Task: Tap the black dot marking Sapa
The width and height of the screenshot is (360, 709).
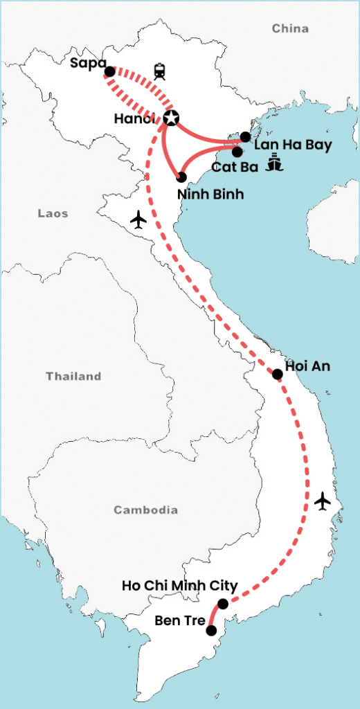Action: [109, 71]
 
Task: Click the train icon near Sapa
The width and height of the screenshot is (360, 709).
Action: [161, 70]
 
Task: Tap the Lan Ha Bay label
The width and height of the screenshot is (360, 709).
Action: [293, 145]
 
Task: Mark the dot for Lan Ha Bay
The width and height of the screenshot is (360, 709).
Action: [245, 136]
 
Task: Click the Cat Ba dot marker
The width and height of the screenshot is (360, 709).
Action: [237, 151]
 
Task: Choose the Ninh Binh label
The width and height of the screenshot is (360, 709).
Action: [210, 195]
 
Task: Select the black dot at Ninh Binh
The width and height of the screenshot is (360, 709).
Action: [181, 177]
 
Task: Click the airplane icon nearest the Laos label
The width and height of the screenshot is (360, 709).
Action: [138, 220]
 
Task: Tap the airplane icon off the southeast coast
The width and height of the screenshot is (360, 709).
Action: [322, 501]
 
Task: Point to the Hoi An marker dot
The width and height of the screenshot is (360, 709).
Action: [277, 374]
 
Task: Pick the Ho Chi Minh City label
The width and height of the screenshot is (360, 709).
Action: [179, 586]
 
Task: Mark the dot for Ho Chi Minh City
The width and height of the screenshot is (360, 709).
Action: [222, 604]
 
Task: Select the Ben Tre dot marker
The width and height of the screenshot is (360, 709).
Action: [211, 630]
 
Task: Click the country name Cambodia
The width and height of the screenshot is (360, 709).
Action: [145, 510]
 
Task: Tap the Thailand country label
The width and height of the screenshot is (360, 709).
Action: [73, 377]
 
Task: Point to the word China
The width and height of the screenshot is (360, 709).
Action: [290, 28]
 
